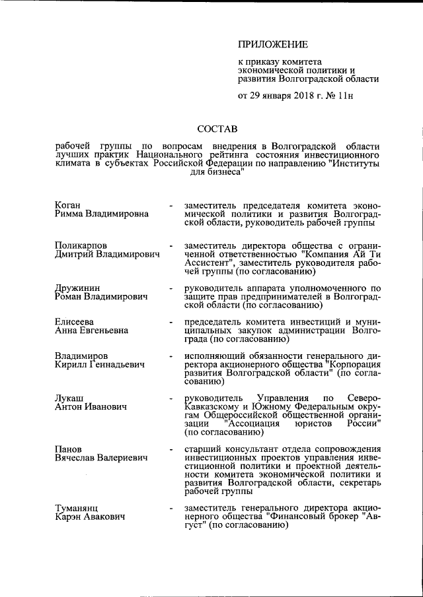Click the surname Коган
tap(70, 206)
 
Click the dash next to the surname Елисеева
tap(171, 321)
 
